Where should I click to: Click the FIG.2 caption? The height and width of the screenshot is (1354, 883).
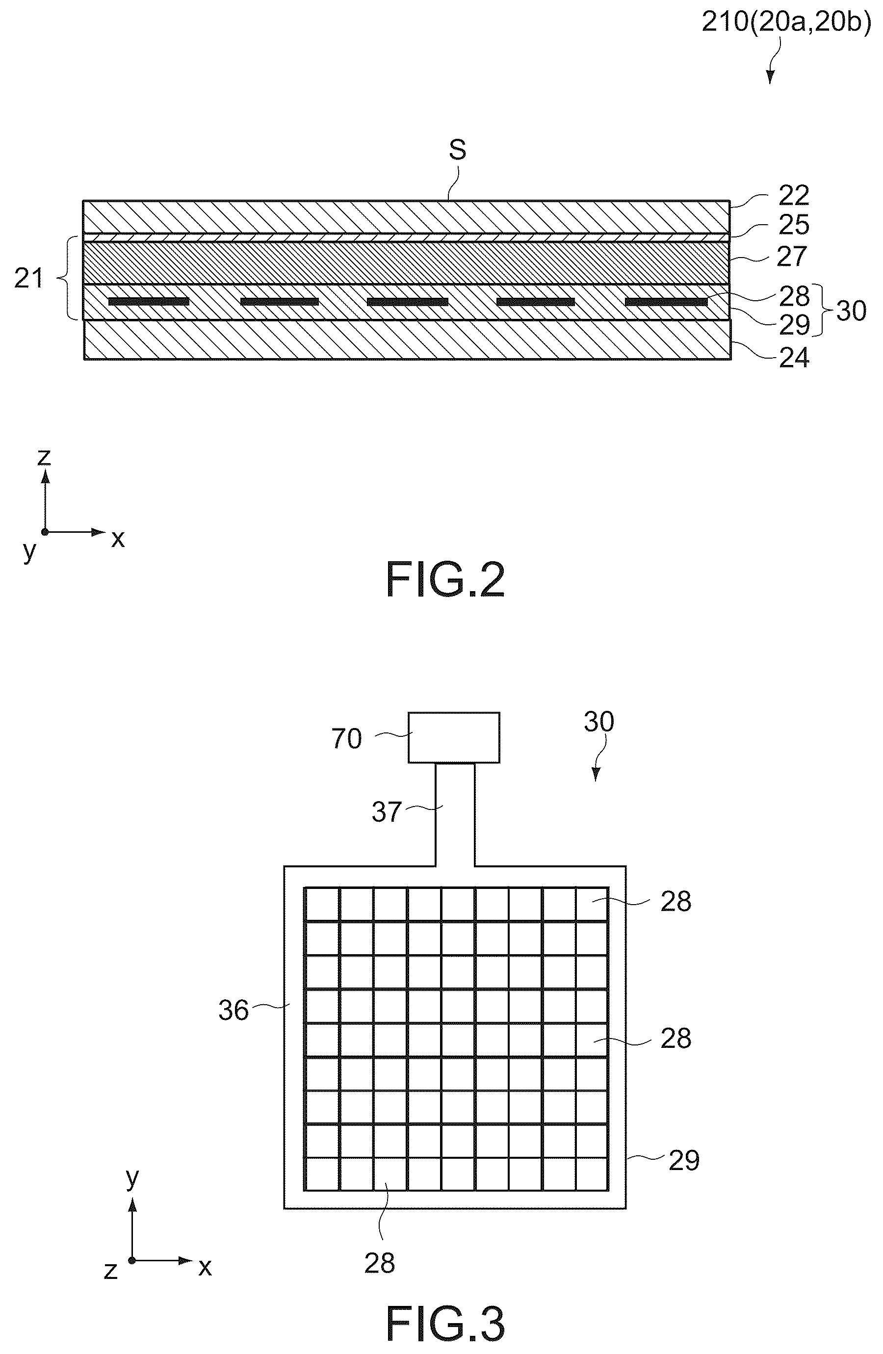[x=445, y=580]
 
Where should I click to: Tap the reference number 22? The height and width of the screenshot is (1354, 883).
[x=793, y=196]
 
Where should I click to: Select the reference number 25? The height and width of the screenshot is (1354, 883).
[x=793, y=225]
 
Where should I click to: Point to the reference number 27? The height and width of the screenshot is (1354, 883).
[x=792, y=257]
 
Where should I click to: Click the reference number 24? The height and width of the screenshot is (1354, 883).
[x=794, y=358]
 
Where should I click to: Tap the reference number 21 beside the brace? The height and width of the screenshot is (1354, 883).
[x=28, y=279]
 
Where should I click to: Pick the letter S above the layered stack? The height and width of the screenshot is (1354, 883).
[x=457, y=150]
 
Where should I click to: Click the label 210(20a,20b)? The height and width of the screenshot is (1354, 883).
[x=786, y=22]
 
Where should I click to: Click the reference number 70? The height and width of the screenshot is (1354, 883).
[x=346, y=739]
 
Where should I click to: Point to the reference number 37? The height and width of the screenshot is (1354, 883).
[x=387, y=812]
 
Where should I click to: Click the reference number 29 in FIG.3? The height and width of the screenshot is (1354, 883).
[x=684, y=1161]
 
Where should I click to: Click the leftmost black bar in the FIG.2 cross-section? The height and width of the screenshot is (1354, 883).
[x=149, y=302]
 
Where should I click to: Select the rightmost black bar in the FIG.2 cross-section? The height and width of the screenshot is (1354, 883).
[x=667, y=302]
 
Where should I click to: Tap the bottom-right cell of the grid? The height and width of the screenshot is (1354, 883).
[x=592, y=1173]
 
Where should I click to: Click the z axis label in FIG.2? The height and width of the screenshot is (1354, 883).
[x=44, y=457]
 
